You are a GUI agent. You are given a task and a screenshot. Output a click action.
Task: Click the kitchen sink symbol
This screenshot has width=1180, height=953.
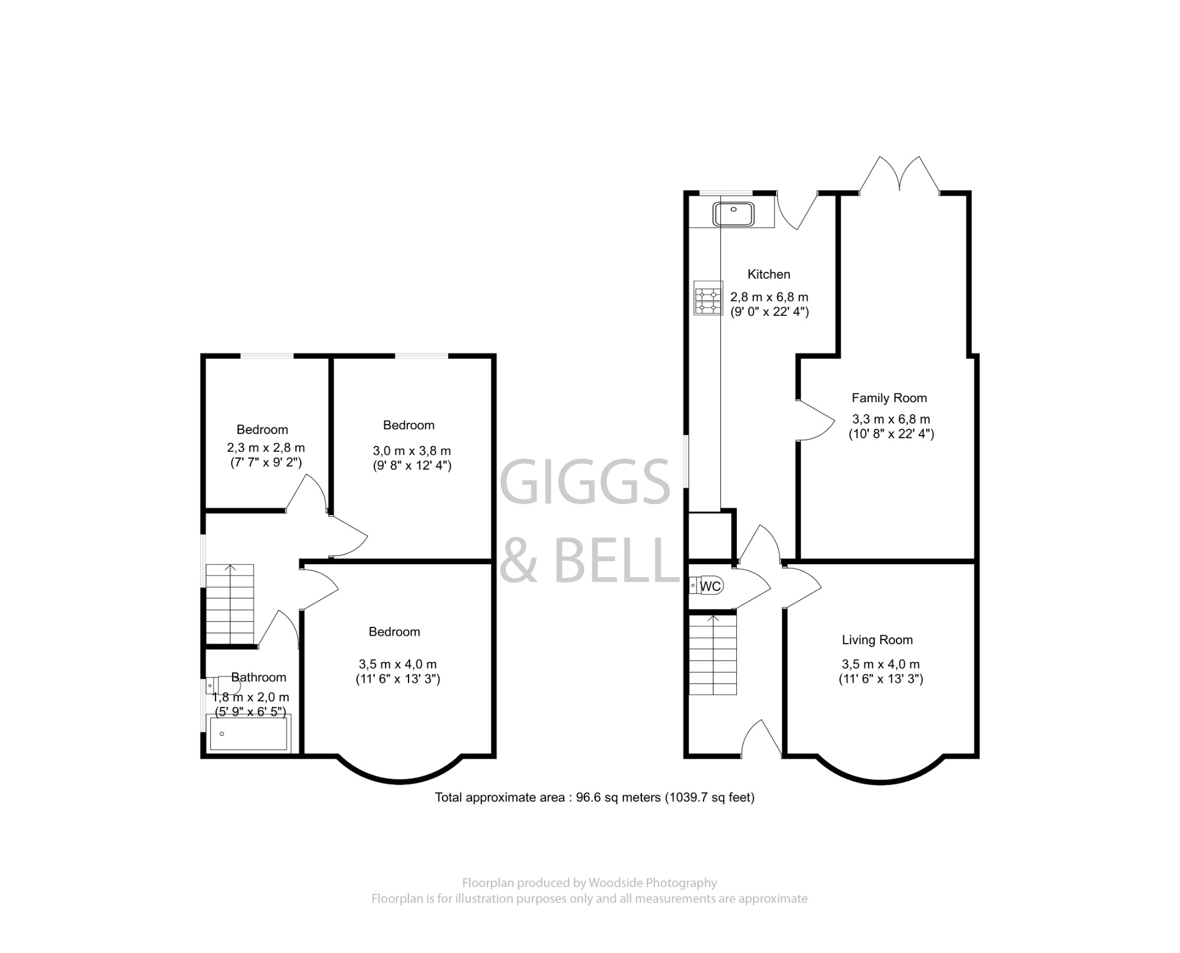coord(733,214)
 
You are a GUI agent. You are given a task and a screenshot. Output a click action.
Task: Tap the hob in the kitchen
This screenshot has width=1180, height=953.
coord(708,298)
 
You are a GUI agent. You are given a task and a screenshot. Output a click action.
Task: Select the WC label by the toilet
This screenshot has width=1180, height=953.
coord(710,586)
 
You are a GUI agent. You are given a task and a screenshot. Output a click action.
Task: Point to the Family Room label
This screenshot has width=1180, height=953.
coord(889,398)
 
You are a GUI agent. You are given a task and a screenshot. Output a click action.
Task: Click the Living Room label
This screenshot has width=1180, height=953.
coord(877,640)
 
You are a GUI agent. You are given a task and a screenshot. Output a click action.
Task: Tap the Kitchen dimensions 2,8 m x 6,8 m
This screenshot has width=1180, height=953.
coord(769,297)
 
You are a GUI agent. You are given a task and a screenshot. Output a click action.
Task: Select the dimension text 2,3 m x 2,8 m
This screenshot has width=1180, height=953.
coord(266,447)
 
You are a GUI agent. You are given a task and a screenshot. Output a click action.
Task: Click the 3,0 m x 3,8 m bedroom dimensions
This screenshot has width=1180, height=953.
coord(411,451)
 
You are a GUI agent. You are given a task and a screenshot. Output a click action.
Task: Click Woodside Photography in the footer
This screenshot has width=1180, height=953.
coord(652,883)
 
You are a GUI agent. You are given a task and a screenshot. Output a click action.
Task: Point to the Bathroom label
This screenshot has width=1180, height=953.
coord(258,677)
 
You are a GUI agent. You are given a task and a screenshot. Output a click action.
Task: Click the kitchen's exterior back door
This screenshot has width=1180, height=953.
coord(797,211)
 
